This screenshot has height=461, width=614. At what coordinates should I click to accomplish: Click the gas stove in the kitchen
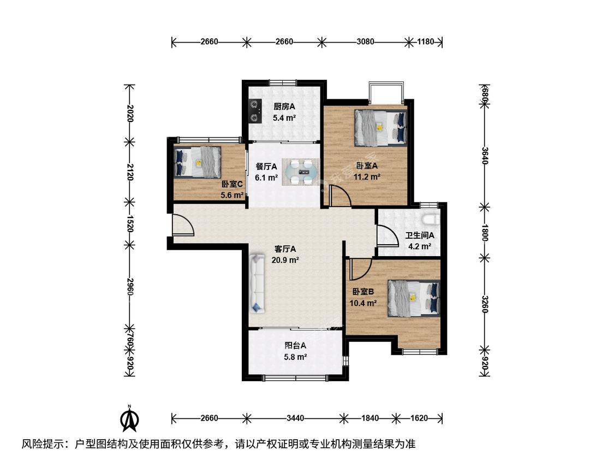(255, 111)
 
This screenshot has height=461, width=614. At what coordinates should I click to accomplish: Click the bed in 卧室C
(198, 162)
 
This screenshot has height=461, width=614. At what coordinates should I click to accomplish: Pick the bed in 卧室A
(380, 128)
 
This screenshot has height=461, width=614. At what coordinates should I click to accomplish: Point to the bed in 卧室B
(414, 298)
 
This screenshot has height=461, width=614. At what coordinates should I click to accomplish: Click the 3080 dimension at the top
(365, 42)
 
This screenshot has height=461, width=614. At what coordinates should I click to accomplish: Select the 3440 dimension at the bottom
(295, 418)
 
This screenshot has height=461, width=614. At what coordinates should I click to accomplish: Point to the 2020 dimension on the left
(129, 113)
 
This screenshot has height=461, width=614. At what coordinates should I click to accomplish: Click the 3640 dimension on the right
(485, 156)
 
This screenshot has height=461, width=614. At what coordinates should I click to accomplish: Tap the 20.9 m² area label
(285, 259)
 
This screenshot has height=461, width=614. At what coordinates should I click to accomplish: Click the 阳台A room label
(295, 346)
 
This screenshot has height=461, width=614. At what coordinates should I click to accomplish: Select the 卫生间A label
(419, 235)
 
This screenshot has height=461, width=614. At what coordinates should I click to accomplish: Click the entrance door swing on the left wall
(183, 225)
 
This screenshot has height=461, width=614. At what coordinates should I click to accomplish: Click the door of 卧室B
(361, 269)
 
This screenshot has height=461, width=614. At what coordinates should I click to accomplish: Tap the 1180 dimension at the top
(425, 42)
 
